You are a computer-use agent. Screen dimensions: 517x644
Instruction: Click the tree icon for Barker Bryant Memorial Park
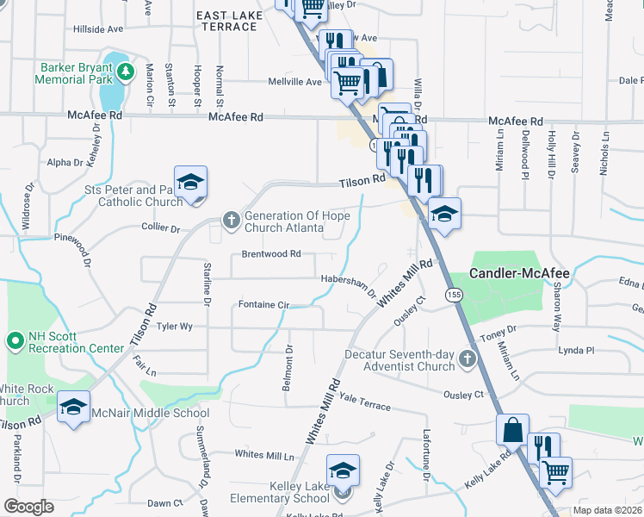point(126,71)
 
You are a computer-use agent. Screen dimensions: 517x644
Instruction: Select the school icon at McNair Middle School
point(74,407)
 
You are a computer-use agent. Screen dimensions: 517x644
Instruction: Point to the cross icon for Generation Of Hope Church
point(231,221)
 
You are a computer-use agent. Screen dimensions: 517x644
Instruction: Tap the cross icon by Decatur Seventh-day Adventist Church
point(468,358)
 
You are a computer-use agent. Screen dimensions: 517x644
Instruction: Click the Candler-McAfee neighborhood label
point(519,273)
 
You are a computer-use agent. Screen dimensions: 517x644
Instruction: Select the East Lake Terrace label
point(227,21)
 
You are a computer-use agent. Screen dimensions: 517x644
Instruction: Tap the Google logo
point(28,507)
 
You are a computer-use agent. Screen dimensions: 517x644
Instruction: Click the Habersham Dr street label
point(350,285)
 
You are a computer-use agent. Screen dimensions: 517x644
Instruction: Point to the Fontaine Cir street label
point(263,304)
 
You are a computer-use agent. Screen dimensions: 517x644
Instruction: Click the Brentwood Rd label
point(271,254)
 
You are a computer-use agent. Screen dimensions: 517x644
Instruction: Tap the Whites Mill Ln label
point(264,454)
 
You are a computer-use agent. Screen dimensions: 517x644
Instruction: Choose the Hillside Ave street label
point(99,28)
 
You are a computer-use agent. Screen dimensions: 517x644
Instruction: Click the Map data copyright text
point(607,510)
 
